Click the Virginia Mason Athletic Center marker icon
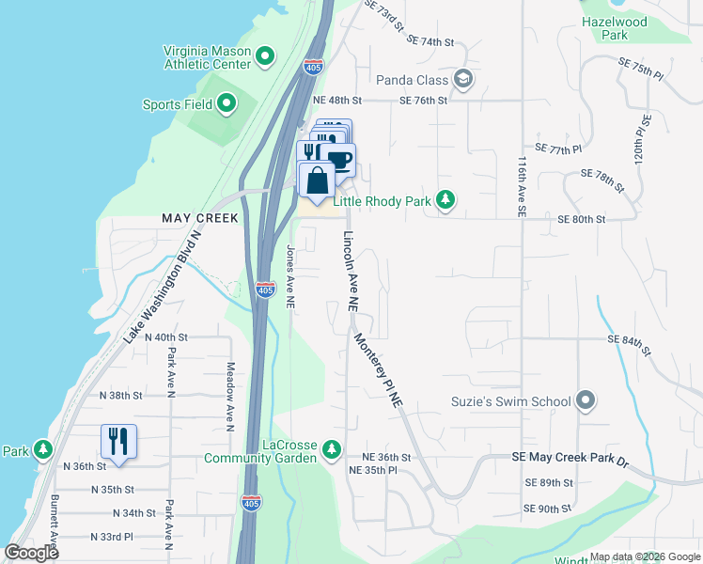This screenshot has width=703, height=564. (x=265, y=56)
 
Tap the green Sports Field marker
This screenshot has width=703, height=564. (x=227, y=104)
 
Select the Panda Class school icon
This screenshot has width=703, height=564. (x=462, y=79)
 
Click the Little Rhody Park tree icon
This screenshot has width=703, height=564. (x=446, y=199)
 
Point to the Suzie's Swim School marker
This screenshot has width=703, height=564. (x=586, y=401)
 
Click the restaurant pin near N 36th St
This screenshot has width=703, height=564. (x=119, y=442)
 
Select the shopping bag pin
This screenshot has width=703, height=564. (x=317, y=180)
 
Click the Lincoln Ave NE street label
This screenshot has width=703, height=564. (x=350, y=272)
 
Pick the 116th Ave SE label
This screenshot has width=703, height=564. (x=520, y=188)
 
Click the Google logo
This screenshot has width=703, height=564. (x=32, y=553)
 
